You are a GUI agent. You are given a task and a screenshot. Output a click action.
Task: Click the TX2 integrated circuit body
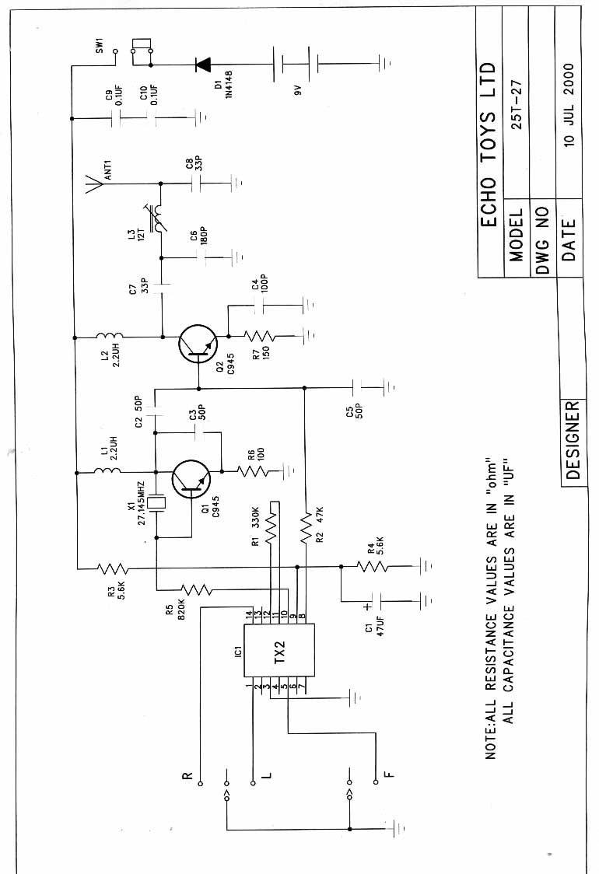(x=281, y=650)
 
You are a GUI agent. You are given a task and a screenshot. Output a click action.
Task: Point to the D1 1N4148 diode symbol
(x=204, y=64)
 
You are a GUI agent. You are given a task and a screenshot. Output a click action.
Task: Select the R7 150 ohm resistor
(x=257, y=336)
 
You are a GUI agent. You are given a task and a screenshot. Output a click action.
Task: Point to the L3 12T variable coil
(x=161, y=220)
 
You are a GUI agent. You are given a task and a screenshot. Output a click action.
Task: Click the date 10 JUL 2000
(x=570, y=105)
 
